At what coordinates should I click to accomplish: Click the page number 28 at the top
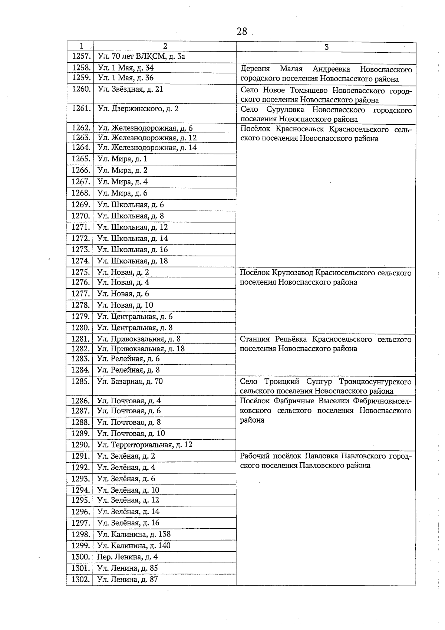click(241, 32)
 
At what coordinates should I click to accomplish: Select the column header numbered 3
click(326, 47)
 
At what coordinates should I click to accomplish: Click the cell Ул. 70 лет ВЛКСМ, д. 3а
click(141, 56)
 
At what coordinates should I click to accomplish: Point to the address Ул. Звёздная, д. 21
click(130, 89)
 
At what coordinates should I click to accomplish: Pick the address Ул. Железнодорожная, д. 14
click(147, 148)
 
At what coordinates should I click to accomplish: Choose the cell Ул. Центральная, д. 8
click(135, 328)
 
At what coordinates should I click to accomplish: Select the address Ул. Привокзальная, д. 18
click(141, 349)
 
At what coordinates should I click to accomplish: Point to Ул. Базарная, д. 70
click(130, 381)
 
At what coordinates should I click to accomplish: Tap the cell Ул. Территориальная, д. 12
click(145, 444)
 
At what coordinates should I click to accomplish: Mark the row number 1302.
click(80, 580)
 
